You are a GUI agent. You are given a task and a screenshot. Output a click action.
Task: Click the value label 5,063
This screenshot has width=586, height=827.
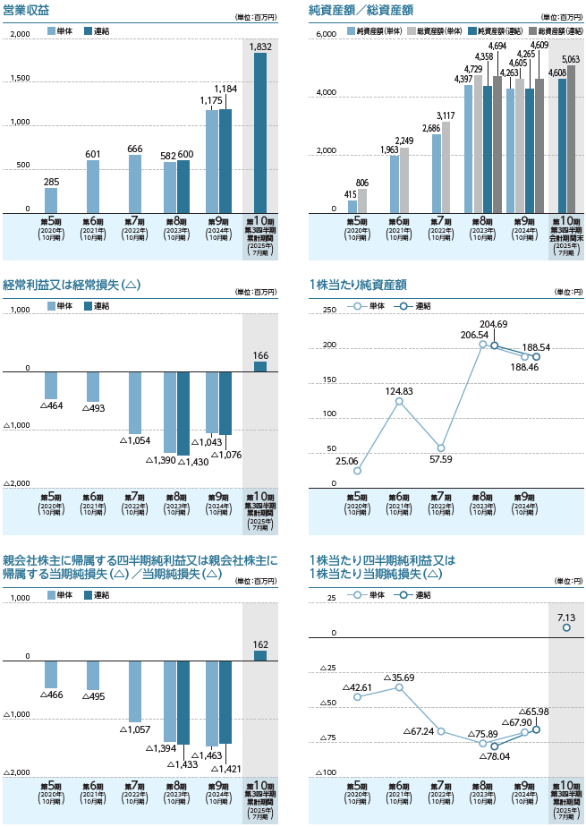click(x=571, y=59)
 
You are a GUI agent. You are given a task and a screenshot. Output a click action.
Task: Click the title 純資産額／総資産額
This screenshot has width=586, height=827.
click(x=361, y=10)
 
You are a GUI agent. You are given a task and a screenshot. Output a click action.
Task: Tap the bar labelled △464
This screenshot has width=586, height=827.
click(x=51, y=384)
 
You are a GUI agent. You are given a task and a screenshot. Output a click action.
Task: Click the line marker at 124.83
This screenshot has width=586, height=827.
click(x=399, y=401)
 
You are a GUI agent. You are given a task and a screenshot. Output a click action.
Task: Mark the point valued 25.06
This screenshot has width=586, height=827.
click(x=357, y=471)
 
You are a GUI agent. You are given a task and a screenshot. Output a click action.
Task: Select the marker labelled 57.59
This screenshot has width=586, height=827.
click(x=441, y=448)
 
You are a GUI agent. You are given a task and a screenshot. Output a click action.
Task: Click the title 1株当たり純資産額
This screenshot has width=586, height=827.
click(x=357, y=285)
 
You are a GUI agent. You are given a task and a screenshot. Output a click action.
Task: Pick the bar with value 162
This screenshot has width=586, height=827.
click(x=259, y=656)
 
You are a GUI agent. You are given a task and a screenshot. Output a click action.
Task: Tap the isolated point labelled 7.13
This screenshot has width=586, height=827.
click(x=566, y=628)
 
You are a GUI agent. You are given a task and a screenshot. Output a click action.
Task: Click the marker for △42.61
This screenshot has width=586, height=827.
click(x=357, y=696)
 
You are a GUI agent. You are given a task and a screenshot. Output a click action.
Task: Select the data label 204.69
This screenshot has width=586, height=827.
click(x=493, y=324)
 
